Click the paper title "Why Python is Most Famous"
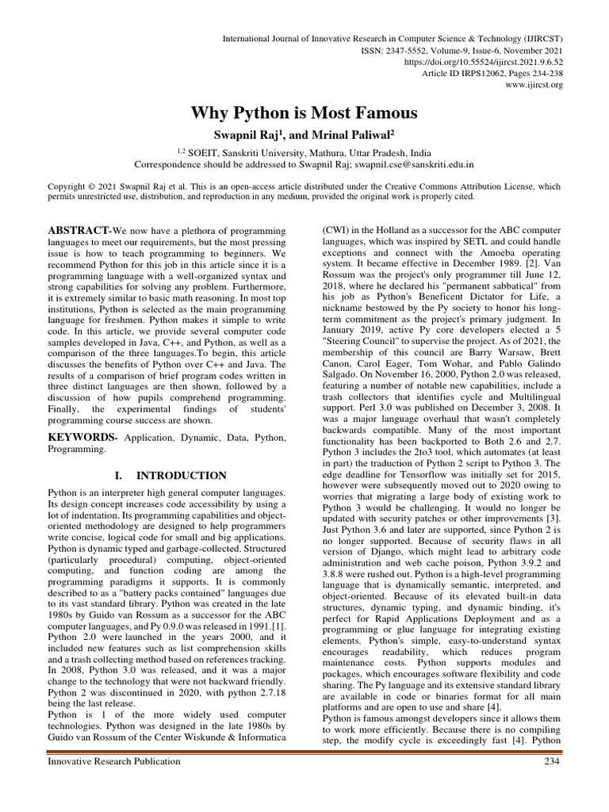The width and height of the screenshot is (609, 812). point(304,113)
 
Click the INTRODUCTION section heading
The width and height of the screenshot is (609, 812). point(182,476)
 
